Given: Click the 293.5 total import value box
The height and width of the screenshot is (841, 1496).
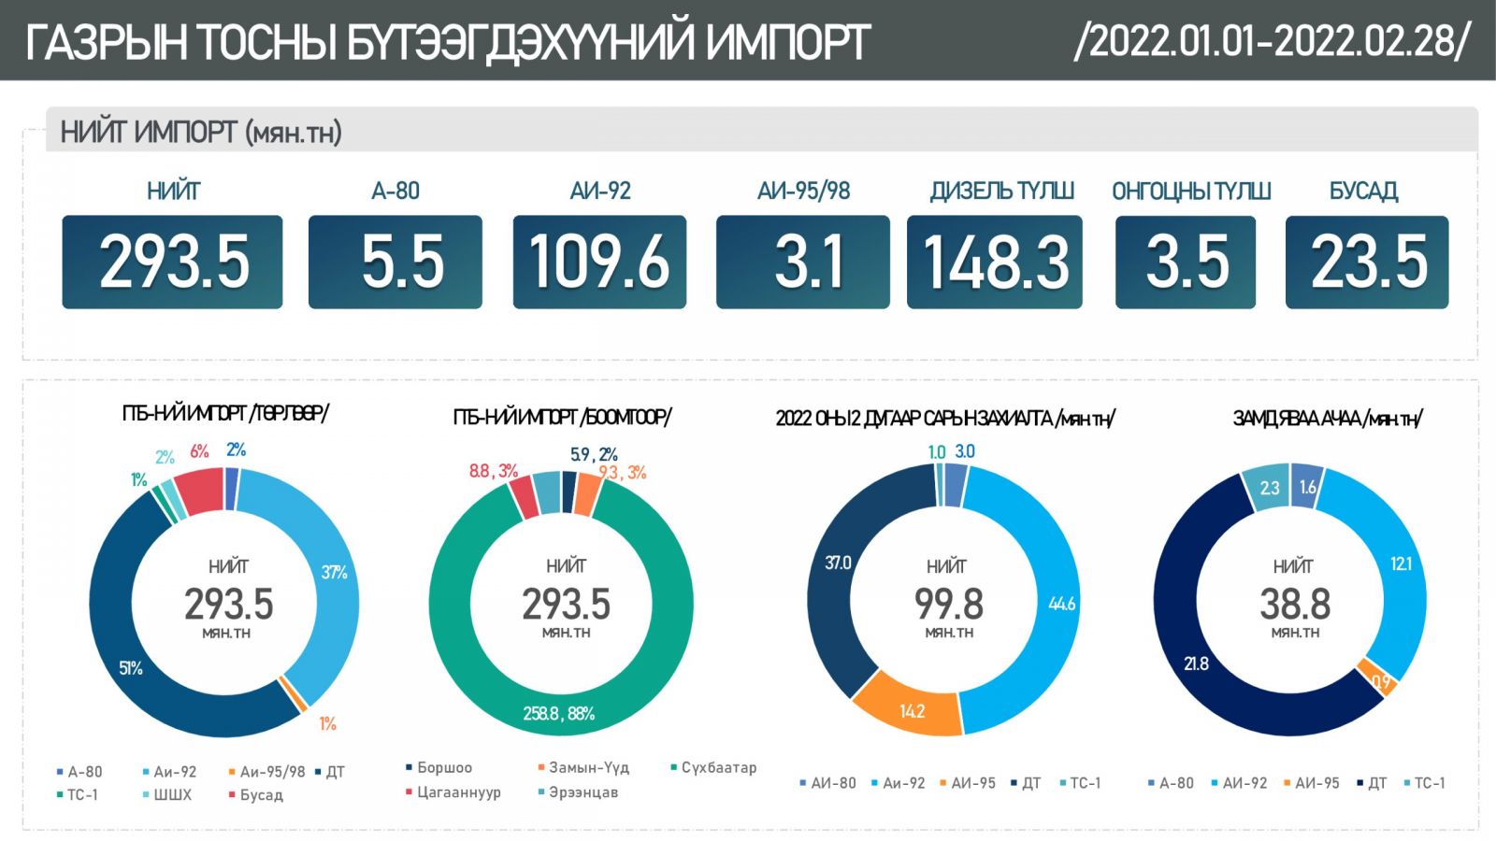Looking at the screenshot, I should [x=173, y=262].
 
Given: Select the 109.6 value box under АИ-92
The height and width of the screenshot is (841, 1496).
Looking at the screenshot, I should [x=599, y=262].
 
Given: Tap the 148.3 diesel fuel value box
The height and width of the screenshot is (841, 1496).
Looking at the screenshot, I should [x=995, y=262].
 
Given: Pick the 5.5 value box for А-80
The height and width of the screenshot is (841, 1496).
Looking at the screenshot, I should [x=395, y=262].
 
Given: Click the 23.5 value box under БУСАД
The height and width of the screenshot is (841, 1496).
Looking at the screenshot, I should [x=1367, y=262].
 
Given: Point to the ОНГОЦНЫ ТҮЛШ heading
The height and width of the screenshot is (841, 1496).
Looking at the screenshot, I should [x=1191, y=192].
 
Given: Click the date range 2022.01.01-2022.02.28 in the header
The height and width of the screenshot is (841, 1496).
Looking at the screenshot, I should [x=1273, y=41].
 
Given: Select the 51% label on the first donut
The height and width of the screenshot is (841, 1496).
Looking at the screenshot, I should [x=131, y=668].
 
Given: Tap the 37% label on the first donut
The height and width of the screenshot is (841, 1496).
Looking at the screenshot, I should [x=334, y=572].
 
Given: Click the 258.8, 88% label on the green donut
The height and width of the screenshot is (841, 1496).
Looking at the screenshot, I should [x=558, y=714].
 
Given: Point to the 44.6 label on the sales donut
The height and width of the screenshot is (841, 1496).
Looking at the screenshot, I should [x=1061, y=604].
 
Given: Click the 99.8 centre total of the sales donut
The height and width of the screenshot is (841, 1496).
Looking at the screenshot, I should [x=948, y=605].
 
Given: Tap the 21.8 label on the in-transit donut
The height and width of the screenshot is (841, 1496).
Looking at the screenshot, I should [x=1196, y=663].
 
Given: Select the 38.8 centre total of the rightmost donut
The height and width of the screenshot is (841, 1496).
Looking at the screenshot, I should [x=1295, y=605].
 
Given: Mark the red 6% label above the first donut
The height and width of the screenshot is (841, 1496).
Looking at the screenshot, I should [x=199, y=451].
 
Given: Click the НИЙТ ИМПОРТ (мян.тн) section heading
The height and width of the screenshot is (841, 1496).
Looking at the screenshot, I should [x=201, y=133].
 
